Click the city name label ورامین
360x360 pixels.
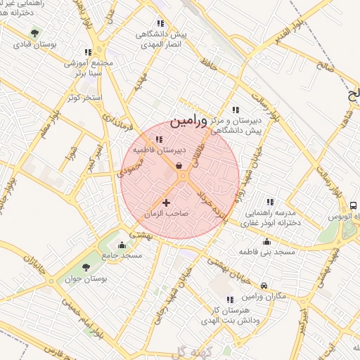coord(189,121)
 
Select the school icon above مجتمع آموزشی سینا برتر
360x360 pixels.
coord(88,52)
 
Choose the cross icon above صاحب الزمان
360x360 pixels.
coord(166,203)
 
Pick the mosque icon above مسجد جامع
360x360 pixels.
coord(123,245)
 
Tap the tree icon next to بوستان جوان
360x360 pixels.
coord(86,267)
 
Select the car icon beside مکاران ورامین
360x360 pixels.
coord(264,285)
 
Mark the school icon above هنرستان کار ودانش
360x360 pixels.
coord(229,300)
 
